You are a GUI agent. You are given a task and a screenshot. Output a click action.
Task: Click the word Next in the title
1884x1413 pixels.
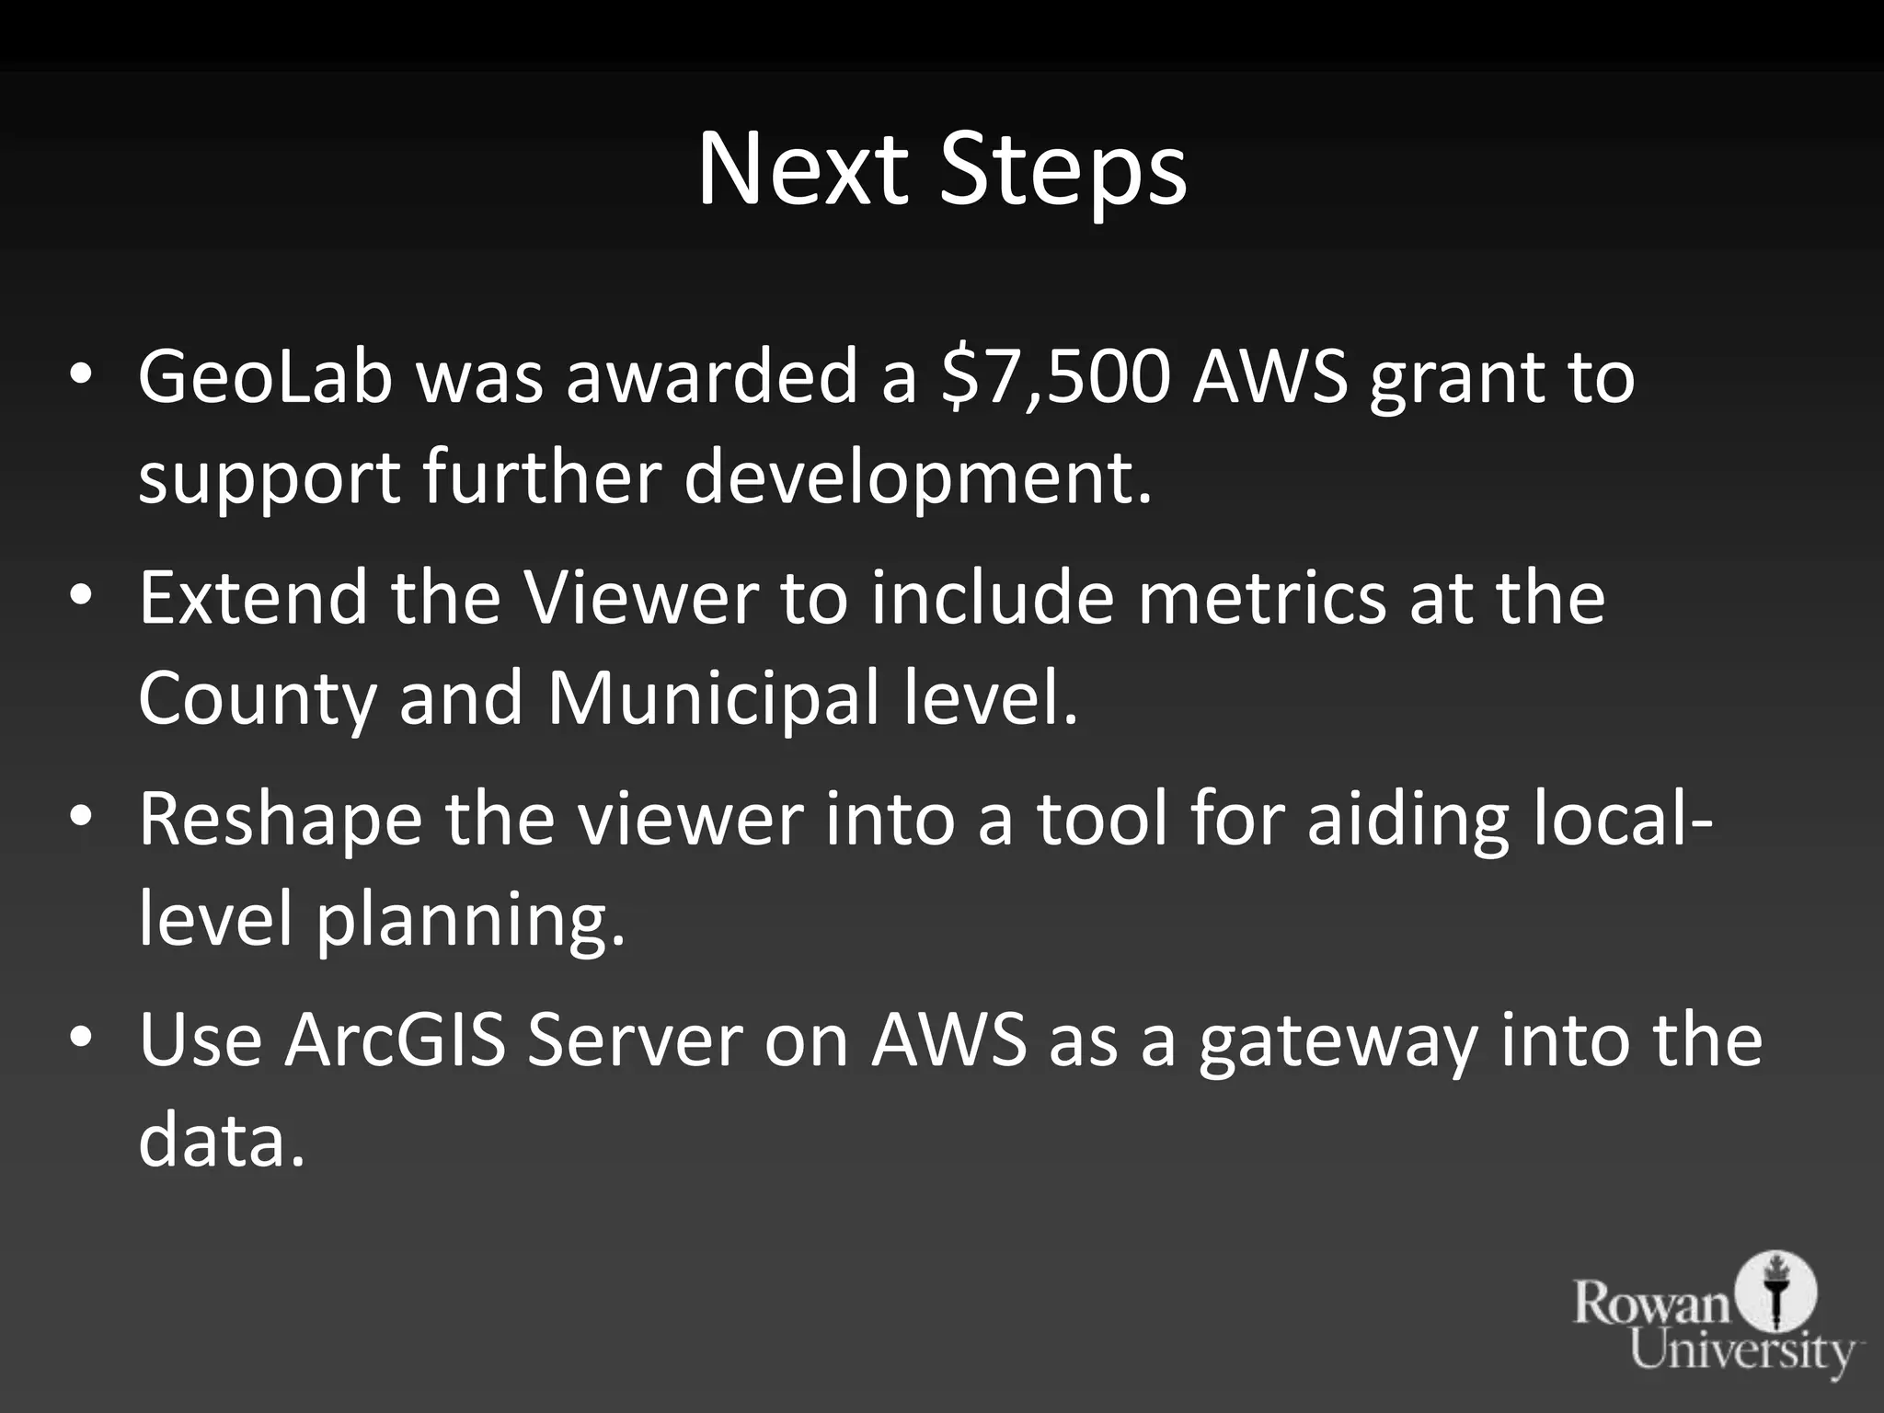(x=802, y=171)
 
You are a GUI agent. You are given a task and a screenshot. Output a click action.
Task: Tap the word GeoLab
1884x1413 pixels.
(x=266, y=377)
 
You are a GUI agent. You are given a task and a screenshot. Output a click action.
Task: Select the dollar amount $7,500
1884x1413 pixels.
(x=1056, y=377)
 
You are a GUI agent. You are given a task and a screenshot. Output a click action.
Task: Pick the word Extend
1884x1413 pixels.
(x=252, y=598)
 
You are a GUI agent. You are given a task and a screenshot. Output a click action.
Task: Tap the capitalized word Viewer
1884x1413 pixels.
(x=641, y=598)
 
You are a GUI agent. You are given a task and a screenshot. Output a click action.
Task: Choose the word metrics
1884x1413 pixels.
(x=1261, y=598)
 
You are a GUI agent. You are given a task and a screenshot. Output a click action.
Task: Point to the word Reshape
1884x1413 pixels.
(x=281, y=821)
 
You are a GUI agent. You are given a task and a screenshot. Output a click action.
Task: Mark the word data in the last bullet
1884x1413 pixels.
(x=221, y=1141)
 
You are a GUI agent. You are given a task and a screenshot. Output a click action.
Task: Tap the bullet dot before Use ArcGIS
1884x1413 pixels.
(x=81, y=1040)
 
